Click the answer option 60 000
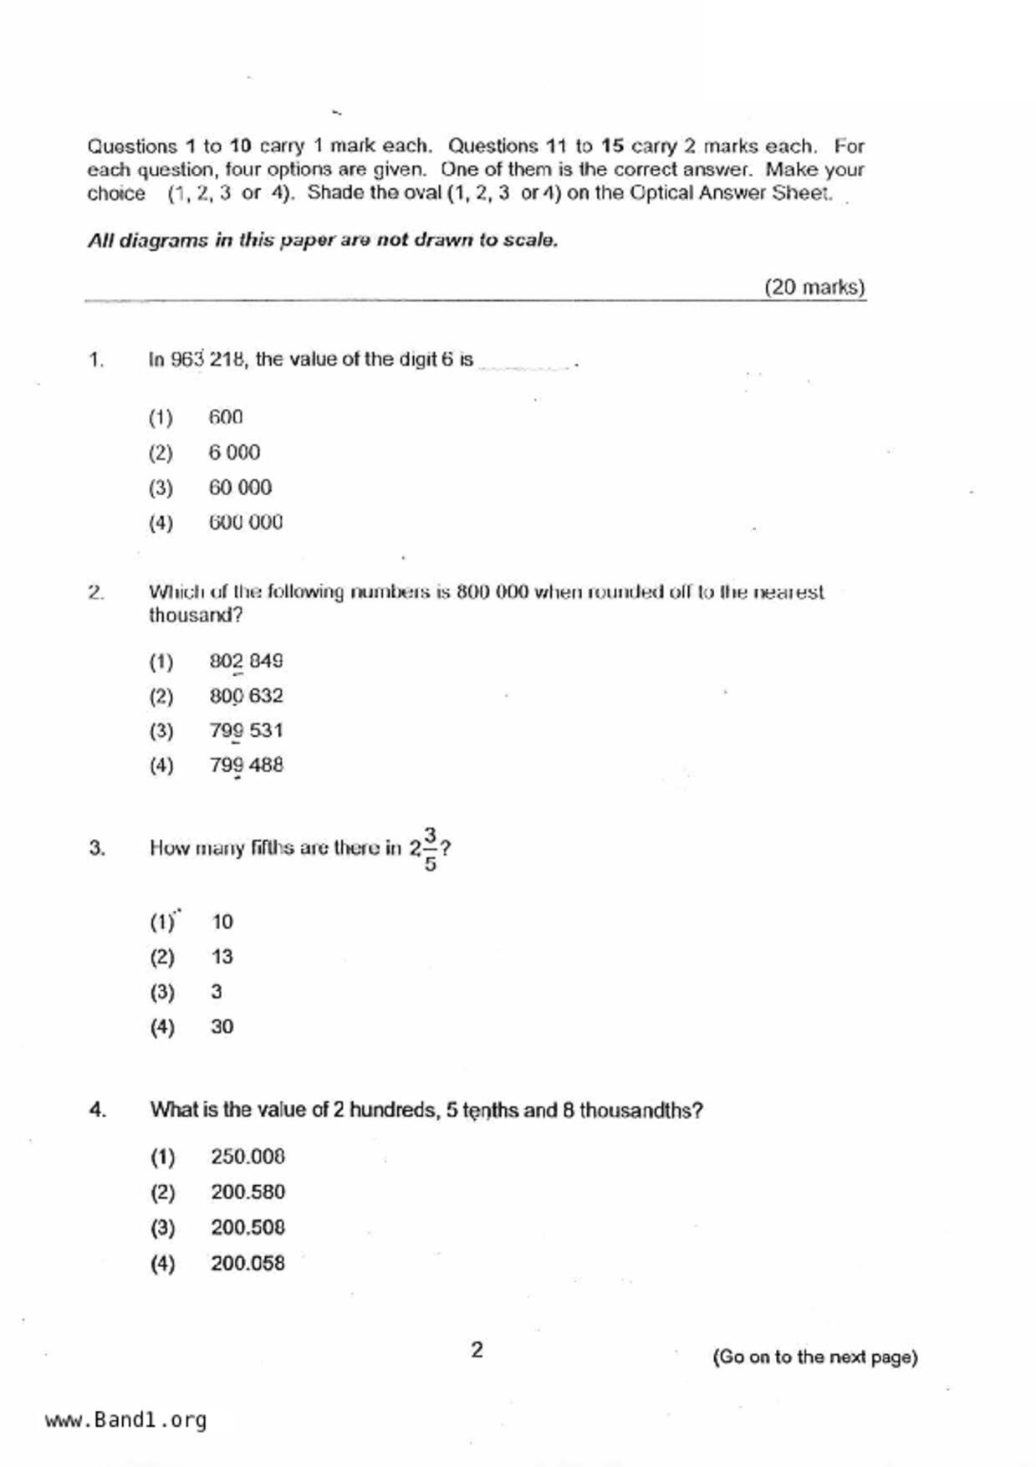tap(240, 488)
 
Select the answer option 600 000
tap(245, 523)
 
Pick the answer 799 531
tap(246, 731)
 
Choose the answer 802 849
tap(246, 662)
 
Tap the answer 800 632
tap(246, 696)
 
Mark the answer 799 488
tap(246, 765)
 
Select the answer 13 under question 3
tap(222, 957)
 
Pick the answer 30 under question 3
tap(222, 1027)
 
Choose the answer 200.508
tap(248, 1228)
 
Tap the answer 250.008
tap(248, 1158)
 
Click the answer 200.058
tap(248, 1263)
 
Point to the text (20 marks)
tap(814, 288)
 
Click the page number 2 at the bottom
tap(477, 1350)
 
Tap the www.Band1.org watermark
tap(125, 1420)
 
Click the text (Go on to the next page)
tap(814, 1357)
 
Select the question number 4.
tap(97, 1111)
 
